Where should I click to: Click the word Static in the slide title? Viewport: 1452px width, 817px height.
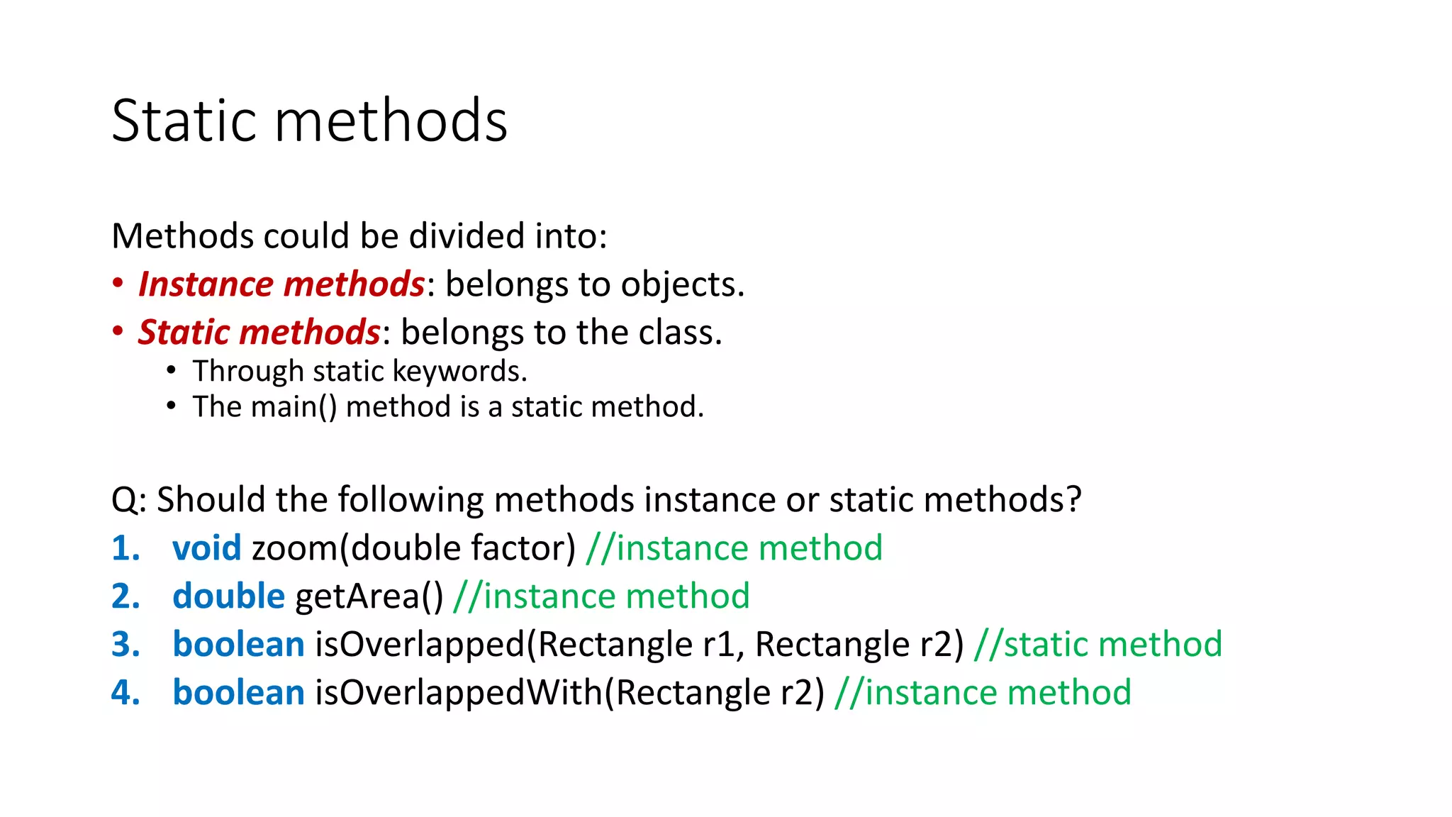point(182,121)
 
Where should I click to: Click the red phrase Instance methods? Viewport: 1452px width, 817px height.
point(281,284)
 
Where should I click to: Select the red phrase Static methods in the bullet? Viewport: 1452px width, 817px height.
point(259,333)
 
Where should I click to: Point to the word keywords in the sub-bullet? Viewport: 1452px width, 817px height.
point(459,372)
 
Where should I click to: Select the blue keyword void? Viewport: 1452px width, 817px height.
point(206,548)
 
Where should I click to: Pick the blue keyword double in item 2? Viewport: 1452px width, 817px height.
point(228,596)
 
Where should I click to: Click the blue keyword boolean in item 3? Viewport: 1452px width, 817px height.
point(238,645)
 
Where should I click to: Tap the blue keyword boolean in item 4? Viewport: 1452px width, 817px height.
point(238,693)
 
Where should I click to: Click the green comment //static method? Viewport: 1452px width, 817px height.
point(1098,645)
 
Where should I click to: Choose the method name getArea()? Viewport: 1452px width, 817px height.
point(369,596)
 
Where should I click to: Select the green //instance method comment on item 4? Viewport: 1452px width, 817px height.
point(983,693)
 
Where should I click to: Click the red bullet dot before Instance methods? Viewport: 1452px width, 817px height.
point(118,284)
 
